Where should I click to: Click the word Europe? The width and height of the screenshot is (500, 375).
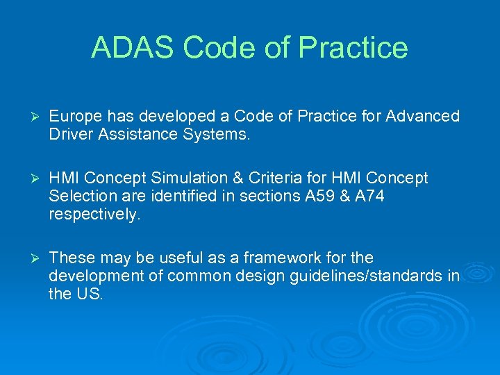[76, 116]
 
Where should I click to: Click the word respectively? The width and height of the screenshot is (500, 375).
[94, 215]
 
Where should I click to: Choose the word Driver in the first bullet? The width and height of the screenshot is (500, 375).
[70, 134]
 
